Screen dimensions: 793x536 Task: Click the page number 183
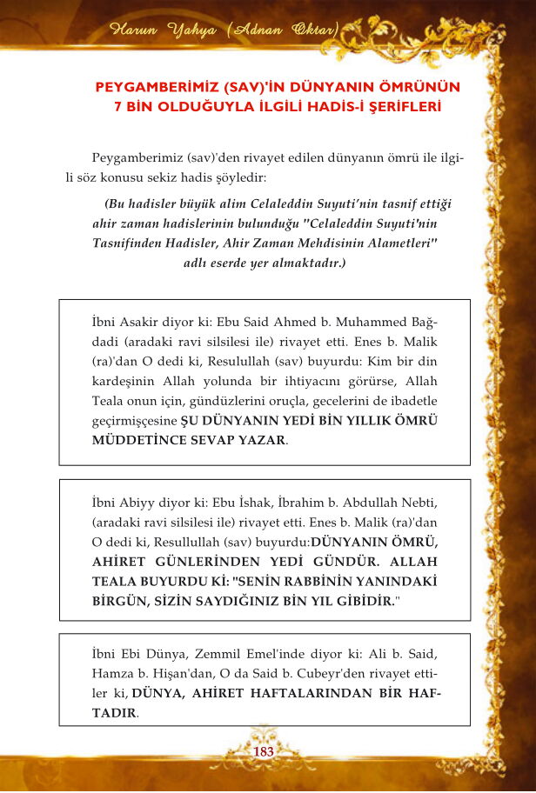(x=263, y=750)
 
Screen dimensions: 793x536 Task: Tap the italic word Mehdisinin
(x=297, y=244)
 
